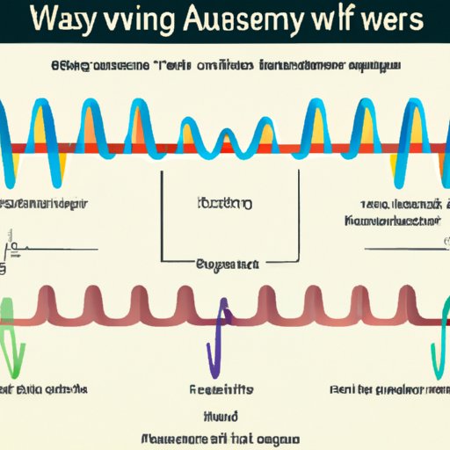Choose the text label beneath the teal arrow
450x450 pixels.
(387, 388)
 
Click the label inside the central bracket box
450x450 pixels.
(223, 204)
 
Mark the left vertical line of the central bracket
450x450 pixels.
(161, 215)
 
